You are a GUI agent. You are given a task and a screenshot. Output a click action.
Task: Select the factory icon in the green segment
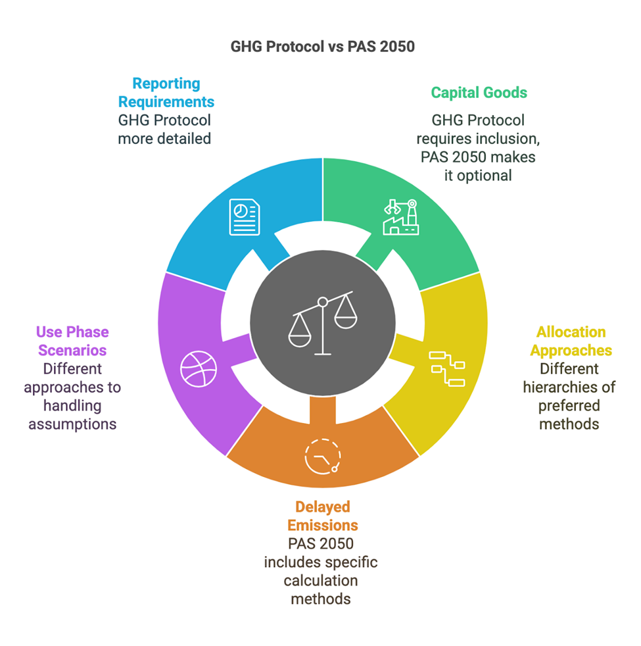pyautogui.click(x=400, y=217)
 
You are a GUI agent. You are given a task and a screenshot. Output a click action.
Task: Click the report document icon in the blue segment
pyautogui.click(x=244, y=217)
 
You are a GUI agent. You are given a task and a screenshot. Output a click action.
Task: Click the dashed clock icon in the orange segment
pyautogui.click(x=322, y=457)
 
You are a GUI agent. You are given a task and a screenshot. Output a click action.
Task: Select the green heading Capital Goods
pyautogui.click(x=479, y=93)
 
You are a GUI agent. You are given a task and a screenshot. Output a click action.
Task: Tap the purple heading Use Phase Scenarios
pyautogui.click(x=72, y=341)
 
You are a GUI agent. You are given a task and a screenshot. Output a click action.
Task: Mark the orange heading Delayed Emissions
pyautogui.click(x=322, y=516)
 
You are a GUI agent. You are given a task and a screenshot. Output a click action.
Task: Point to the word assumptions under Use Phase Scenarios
pyautogui.click(x=72, y=424)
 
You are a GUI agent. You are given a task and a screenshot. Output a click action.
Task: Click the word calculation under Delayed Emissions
pyautogui.click(x=322, y=581)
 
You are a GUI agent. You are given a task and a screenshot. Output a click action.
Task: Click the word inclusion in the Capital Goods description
pyautogui.click(x=510, y=139)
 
